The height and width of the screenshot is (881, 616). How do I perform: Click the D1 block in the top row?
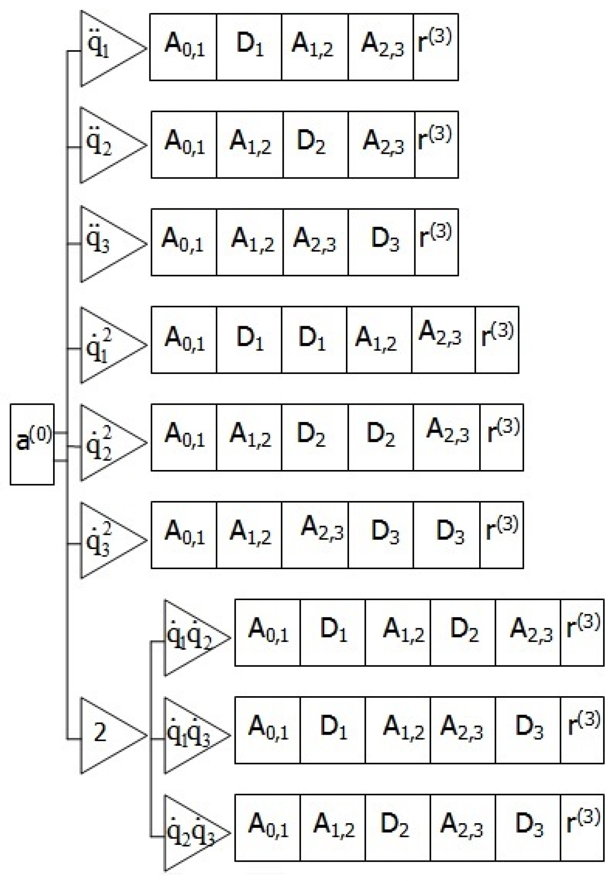[249, 47]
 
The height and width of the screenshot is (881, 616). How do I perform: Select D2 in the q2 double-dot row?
[316, 145]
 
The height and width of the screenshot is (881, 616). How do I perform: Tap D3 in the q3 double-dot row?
[381, 242]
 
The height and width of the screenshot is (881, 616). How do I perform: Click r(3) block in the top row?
[436, 47]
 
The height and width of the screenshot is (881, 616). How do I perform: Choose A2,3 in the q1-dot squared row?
[443, 340]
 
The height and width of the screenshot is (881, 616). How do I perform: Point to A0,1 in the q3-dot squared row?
[184, 535]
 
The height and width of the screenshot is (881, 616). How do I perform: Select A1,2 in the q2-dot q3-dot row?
[333, 828]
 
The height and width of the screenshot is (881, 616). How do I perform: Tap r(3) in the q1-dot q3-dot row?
[582, 730]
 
